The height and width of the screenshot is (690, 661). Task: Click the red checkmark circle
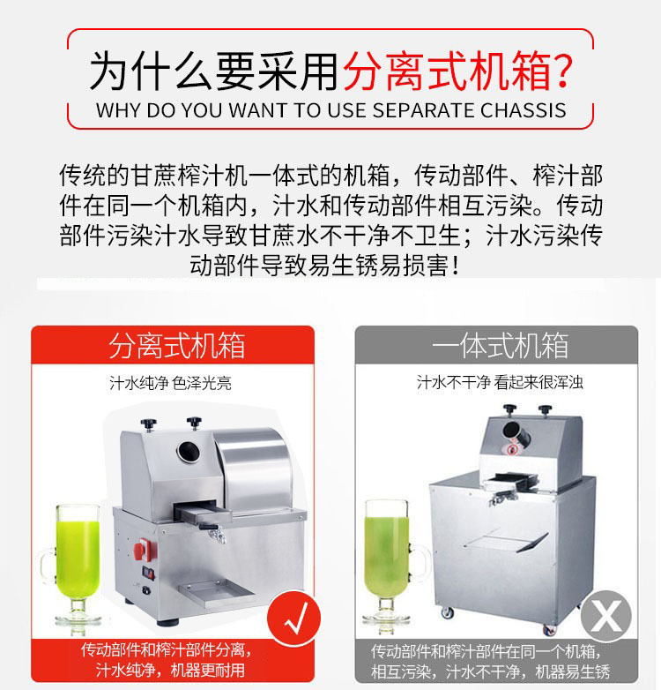click(294, 618)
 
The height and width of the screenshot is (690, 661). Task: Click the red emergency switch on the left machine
click(142, 548)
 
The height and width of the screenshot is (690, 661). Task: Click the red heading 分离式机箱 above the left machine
click(176, 346)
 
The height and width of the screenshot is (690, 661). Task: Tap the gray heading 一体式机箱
click(500, 346)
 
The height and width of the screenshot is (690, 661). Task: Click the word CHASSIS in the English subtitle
click(523, 110)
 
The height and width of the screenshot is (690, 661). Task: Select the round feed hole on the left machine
click(188, 451)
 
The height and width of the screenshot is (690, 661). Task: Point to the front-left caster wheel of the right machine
click(447, 612)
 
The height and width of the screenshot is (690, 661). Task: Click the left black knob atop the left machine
click(149, 424)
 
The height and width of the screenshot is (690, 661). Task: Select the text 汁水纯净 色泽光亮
click(170, 383)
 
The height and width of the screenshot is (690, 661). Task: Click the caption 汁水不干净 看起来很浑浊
click(500, 382)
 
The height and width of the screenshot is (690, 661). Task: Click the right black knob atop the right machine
click(545, 410)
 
